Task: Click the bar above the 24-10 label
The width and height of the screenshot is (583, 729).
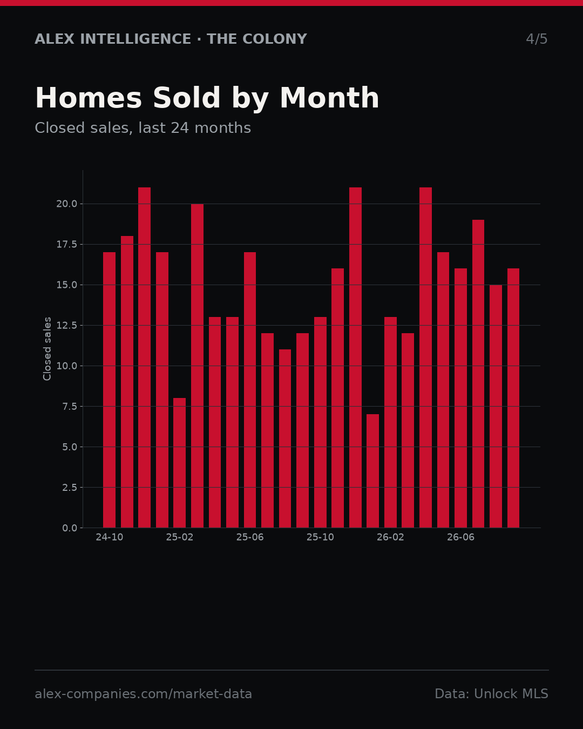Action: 109,389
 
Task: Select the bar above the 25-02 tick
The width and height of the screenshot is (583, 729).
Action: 180,463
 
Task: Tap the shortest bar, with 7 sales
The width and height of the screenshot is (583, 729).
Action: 372,471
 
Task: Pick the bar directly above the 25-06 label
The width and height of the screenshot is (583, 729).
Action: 250,389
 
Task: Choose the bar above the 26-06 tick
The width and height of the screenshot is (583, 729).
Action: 460,397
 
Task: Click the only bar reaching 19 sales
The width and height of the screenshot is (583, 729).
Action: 478,374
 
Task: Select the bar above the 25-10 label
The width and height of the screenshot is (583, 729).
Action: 320,422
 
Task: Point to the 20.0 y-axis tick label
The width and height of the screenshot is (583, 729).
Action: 67,204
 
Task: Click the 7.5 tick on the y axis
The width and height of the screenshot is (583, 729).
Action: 70,406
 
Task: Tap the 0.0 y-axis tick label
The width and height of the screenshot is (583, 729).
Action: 70,528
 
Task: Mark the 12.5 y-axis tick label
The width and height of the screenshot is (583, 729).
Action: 67,325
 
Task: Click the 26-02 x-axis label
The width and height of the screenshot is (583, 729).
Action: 390,537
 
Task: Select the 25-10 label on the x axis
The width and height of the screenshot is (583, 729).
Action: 320,537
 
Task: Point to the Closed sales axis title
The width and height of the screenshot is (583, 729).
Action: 47,349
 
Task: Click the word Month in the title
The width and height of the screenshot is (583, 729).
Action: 329,98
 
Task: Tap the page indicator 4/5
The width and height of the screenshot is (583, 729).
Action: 537,39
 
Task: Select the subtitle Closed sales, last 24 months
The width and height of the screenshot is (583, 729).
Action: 143,128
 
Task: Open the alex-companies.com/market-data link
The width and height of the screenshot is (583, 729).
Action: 143,694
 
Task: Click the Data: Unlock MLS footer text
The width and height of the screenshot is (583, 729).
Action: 491,694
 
